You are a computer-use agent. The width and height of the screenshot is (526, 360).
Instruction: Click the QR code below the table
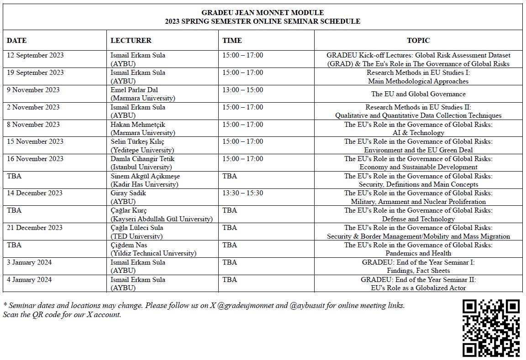(x=491, y=328)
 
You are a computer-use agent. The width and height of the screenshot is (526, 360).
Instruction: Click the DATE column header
(x=17, y=41)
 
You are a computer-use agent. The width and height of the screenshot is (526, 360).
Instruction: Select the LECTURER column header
(x=131, y=41)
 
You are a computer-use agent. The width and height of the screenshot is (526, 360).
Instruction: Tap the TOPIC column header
(x=418, y=41)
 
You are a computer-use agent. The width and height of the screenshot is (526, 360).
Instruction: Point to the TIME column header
(x=232, y=41)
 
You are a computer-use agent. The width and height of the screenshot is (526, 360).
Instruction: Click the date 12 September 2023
(x=35, y=55)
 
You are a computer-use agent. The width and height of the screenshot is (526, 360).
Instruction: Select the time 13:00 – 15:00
(x=242, y=90)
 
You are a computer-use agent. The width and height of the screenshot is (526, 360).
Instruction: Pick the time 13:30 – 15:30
(x=242, y=193)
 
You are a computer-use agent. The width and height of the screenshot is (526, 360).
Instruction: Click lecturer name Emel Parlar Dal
(x=134, y=90)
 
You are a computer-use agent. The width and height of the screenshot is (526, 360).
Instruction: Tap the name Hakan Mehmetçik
(x=138, y=125)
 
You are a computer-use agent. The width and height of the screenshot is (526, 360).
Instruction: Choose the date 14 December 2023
(x=35, y=193)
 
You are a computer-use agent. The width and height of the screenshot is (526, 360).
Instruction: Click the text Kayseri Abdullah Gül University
(x=162, y=219)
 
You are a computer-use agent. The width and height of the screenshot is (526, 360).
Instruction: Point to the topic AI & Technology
(x=418, y=133)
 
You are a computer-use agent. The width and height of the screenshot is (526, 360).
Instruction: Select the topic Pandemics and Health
(x=418, y=253)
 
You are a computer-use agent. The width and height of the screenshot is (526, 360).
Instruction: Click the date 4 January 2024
(x=29, y=280)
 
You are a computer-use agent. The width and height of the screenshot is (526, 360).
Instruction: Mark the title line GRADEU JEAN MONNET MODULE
(x=263, y=13)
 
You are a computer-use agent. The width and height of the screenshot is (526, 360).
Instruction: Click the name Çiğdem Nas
(x=129, y=245)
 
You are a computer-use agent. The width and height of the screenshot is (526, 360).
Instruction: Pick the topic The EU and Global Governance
(x=418, y=94)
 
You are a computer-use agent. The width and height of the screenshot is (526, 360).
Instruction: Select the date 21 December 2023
(x=35, y=228)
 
